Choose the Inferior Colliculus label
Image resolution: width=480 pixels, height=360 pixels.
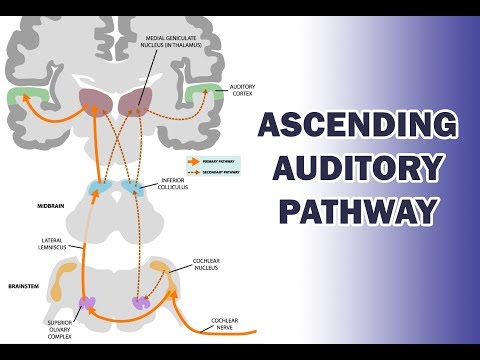(183, 183)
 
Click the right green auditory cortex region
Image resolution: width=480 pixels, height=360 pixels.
(206, 97)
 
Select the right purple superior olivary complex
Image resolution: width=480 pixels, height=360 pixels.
(141, 301)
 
